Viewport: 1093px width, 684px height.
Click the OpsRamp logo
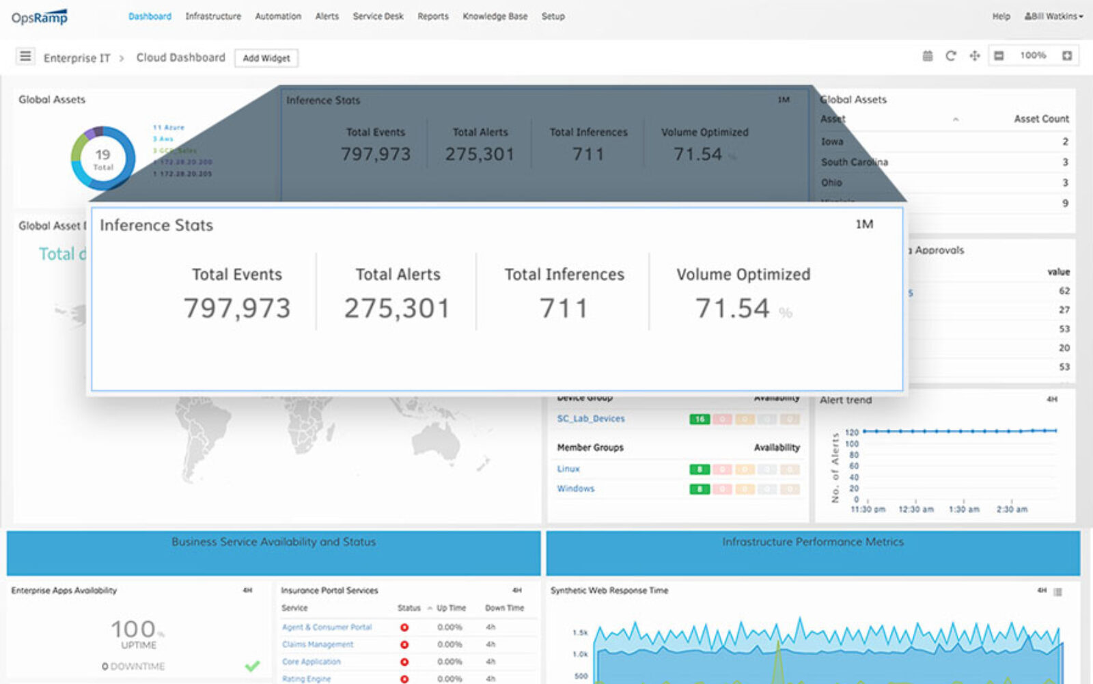click(x=40, y=17)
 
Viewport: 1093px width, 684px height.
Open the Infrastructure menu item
click(x=213, y=16)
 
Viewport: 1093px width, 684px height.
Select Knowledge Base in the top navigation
click(x=495, y=16)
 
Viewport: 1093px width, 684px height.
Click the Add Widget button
click(x=266, y=58)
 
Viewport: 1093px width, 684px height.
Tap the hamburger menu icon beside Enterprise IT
click(x=25, y=57)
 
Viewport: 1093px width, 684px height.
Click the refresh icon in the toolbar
click(x=950, y=56)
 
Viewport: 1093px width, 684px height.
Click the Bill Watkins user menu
click(x=1053, y=16)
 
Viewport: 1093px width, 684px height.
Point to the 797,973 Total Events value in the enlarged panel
click(x=237, y=308)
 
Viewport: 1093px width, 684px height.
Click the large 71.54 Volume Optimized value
click(x=732, y=308)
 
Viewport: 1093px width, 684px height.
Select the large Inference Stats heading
click(x=156, y=225)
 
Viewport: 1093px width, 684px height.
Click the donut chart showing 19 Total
click(x=102, y=158)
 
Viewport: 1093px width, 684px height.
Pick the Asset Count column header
click(x=1041, y=119)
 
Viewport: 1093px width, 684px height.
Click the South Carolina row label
click(x=854, y=162)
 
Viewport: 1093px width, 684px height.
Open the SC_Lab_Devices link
click(x=591, y=419)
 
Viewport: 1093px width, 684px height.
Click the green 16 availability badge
click(x=700, y=420)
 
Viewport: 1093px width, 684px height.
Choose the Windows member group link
click(x=576, y=489)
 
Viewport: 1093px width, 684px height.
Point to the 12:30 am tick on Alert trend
click(x=915, y=509)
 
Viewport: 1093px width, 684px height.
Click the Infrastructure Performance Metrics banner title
click(x=813, y=542)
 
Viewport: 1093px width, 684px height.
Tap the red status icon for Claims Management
click(x=404, y=644)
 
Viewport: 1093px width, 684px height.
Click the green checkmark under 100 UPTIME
click(x=253, y=666)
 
